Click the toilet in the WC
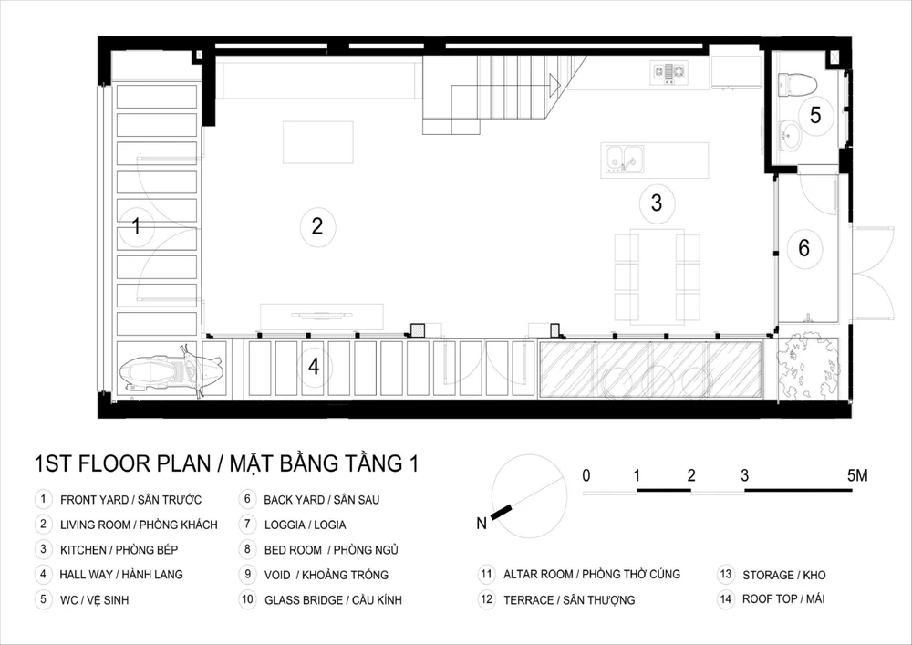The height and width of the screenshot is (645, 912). point(797,85)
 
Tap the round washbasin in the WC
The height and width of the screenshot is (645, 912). point(789,137)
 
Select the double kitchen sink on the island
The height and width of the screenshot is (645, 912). point(625,160)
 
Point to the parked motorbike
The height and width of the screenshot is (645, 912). point(171,369)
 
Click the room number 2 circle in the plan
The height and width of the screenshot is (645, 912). point(317,226)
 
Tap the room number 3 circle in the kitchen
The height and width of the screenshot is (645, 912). point(657,203)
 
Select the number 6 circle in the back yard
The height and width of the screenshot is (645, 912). point(804,248)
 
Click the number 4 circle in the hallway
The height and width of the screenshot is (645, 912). point(314,367)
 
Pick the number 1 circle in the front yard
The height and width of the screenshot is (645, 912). point(136,225)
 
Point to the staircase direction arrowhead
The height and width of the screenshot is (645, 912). point(554,86)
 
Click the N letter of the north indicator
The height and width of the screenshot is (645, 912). point(481,524)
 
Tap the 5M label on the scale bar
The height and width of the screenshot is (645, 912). point(857,475)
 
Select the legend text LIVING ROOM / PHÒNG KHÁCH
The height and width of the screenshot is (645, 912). point(139,525)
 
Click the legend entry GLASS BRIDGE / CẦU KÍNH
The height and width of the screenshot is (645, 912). point(333,599)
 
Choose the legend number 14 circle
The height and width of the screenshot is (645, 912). point(725,599)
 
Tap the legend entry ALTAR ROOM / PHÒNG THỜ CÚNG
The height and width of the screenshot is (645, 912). point(592,575)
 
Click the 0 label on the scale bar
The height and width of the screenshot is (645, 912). point(586,475)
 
